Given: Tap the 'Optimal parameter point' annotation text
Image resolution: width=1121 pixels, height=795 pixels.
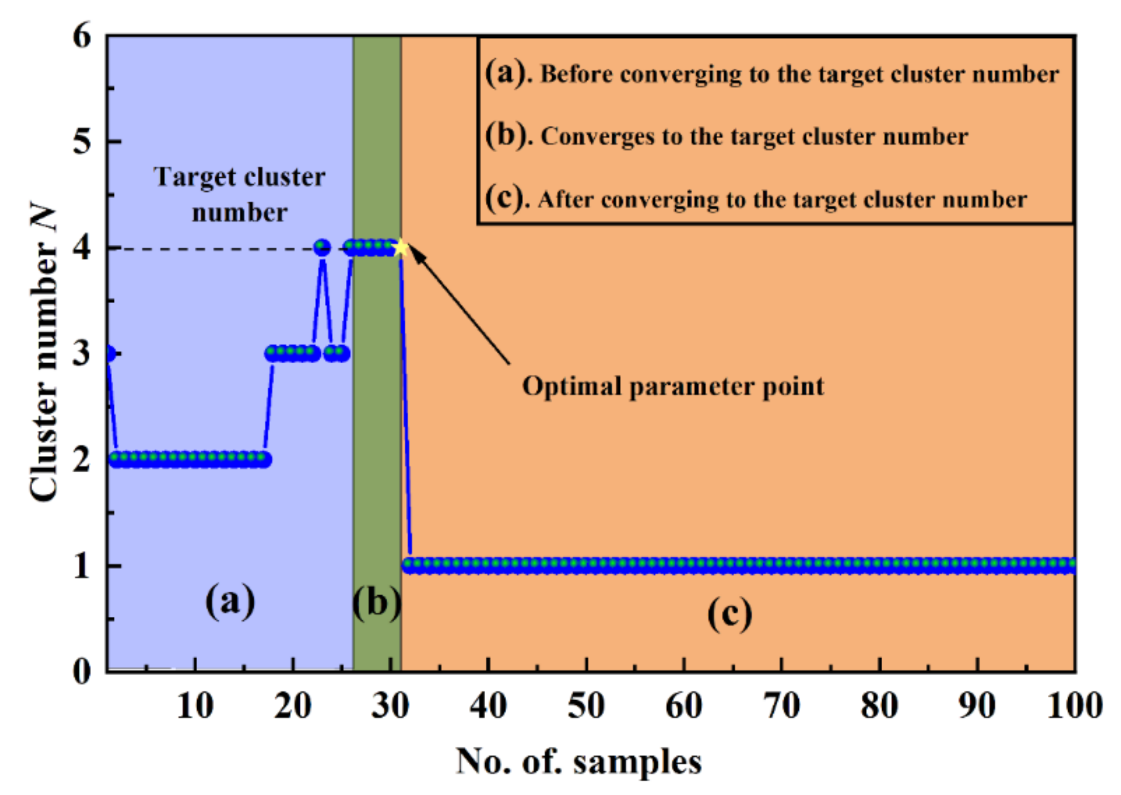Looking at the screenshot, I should point(673,386).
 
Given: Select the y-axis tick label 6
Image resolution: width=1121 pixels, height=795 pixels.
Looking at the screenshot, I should point(82,36).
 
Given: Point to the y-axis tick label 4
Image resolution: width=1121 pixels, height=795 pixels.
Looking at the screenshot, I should point(82,248).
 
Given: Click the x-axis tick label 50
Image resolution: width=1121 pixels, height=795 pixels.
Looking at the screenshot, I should point(586,706).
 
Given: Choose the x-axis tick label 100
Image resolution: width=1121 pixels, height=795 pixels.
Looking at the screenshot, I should point(1074,706).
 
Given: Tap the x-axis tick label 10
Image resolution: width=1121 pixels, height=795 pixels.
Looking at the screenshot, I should point(195,706).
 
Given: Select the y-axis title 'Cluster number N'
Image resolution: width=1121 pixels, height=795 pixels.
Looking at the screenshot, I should point(43,353).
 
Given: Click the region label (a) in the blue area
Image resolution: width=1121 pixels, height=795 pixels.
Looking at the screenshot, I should point(230,601).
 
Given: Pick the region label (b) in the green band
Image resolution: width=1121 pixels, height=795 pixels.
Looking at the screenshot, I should point(377,602).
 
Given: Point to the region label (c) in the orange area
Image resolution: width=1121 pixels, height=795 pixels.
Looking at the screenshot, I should point(730,613).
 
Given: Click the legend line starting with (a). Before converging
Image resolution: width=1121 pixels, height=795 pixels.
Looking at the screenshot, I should point(772,74).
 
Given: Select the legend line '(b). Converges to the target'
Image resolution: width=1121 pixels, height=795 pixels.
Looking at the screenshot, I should point(726,136).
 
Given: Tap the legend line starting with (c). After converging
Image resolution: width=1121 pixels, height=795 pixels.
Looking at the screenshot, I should point(756,199).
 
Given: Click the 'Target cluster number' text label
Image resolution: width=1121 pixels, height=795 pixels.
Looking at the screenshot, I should point(239,195).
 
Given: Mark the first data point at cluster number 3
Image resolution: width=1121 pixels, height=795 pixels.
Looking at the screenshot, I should point(109,353).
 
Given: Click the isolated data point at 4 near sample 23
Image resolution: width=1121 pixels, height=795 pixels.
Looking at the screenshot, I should point(322,248).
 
